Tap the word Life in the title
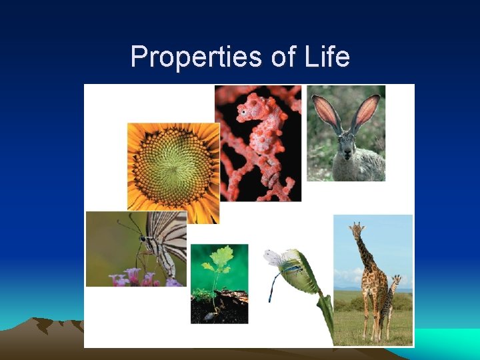coord(325,57)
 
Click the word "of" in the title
coord(283,57)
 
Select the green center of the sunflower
coord(172,164)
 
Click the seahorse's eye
coord(245,112)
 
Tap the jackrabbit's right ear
coord(368,111)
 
